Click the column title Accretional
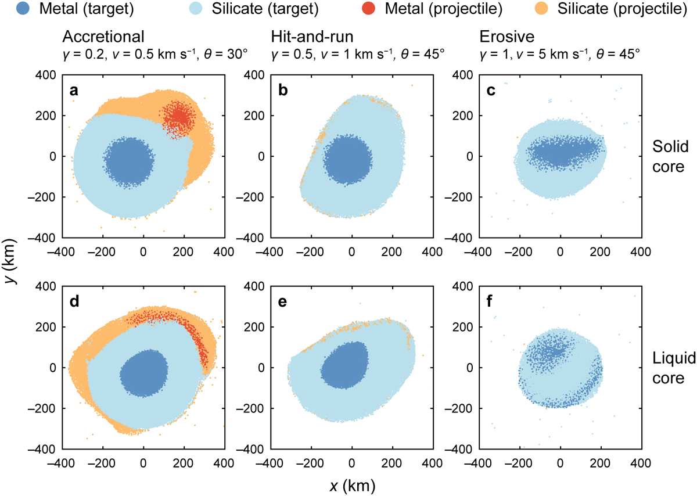click(x=103, y=38)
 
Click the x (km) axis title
click(x=350, y=483)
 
